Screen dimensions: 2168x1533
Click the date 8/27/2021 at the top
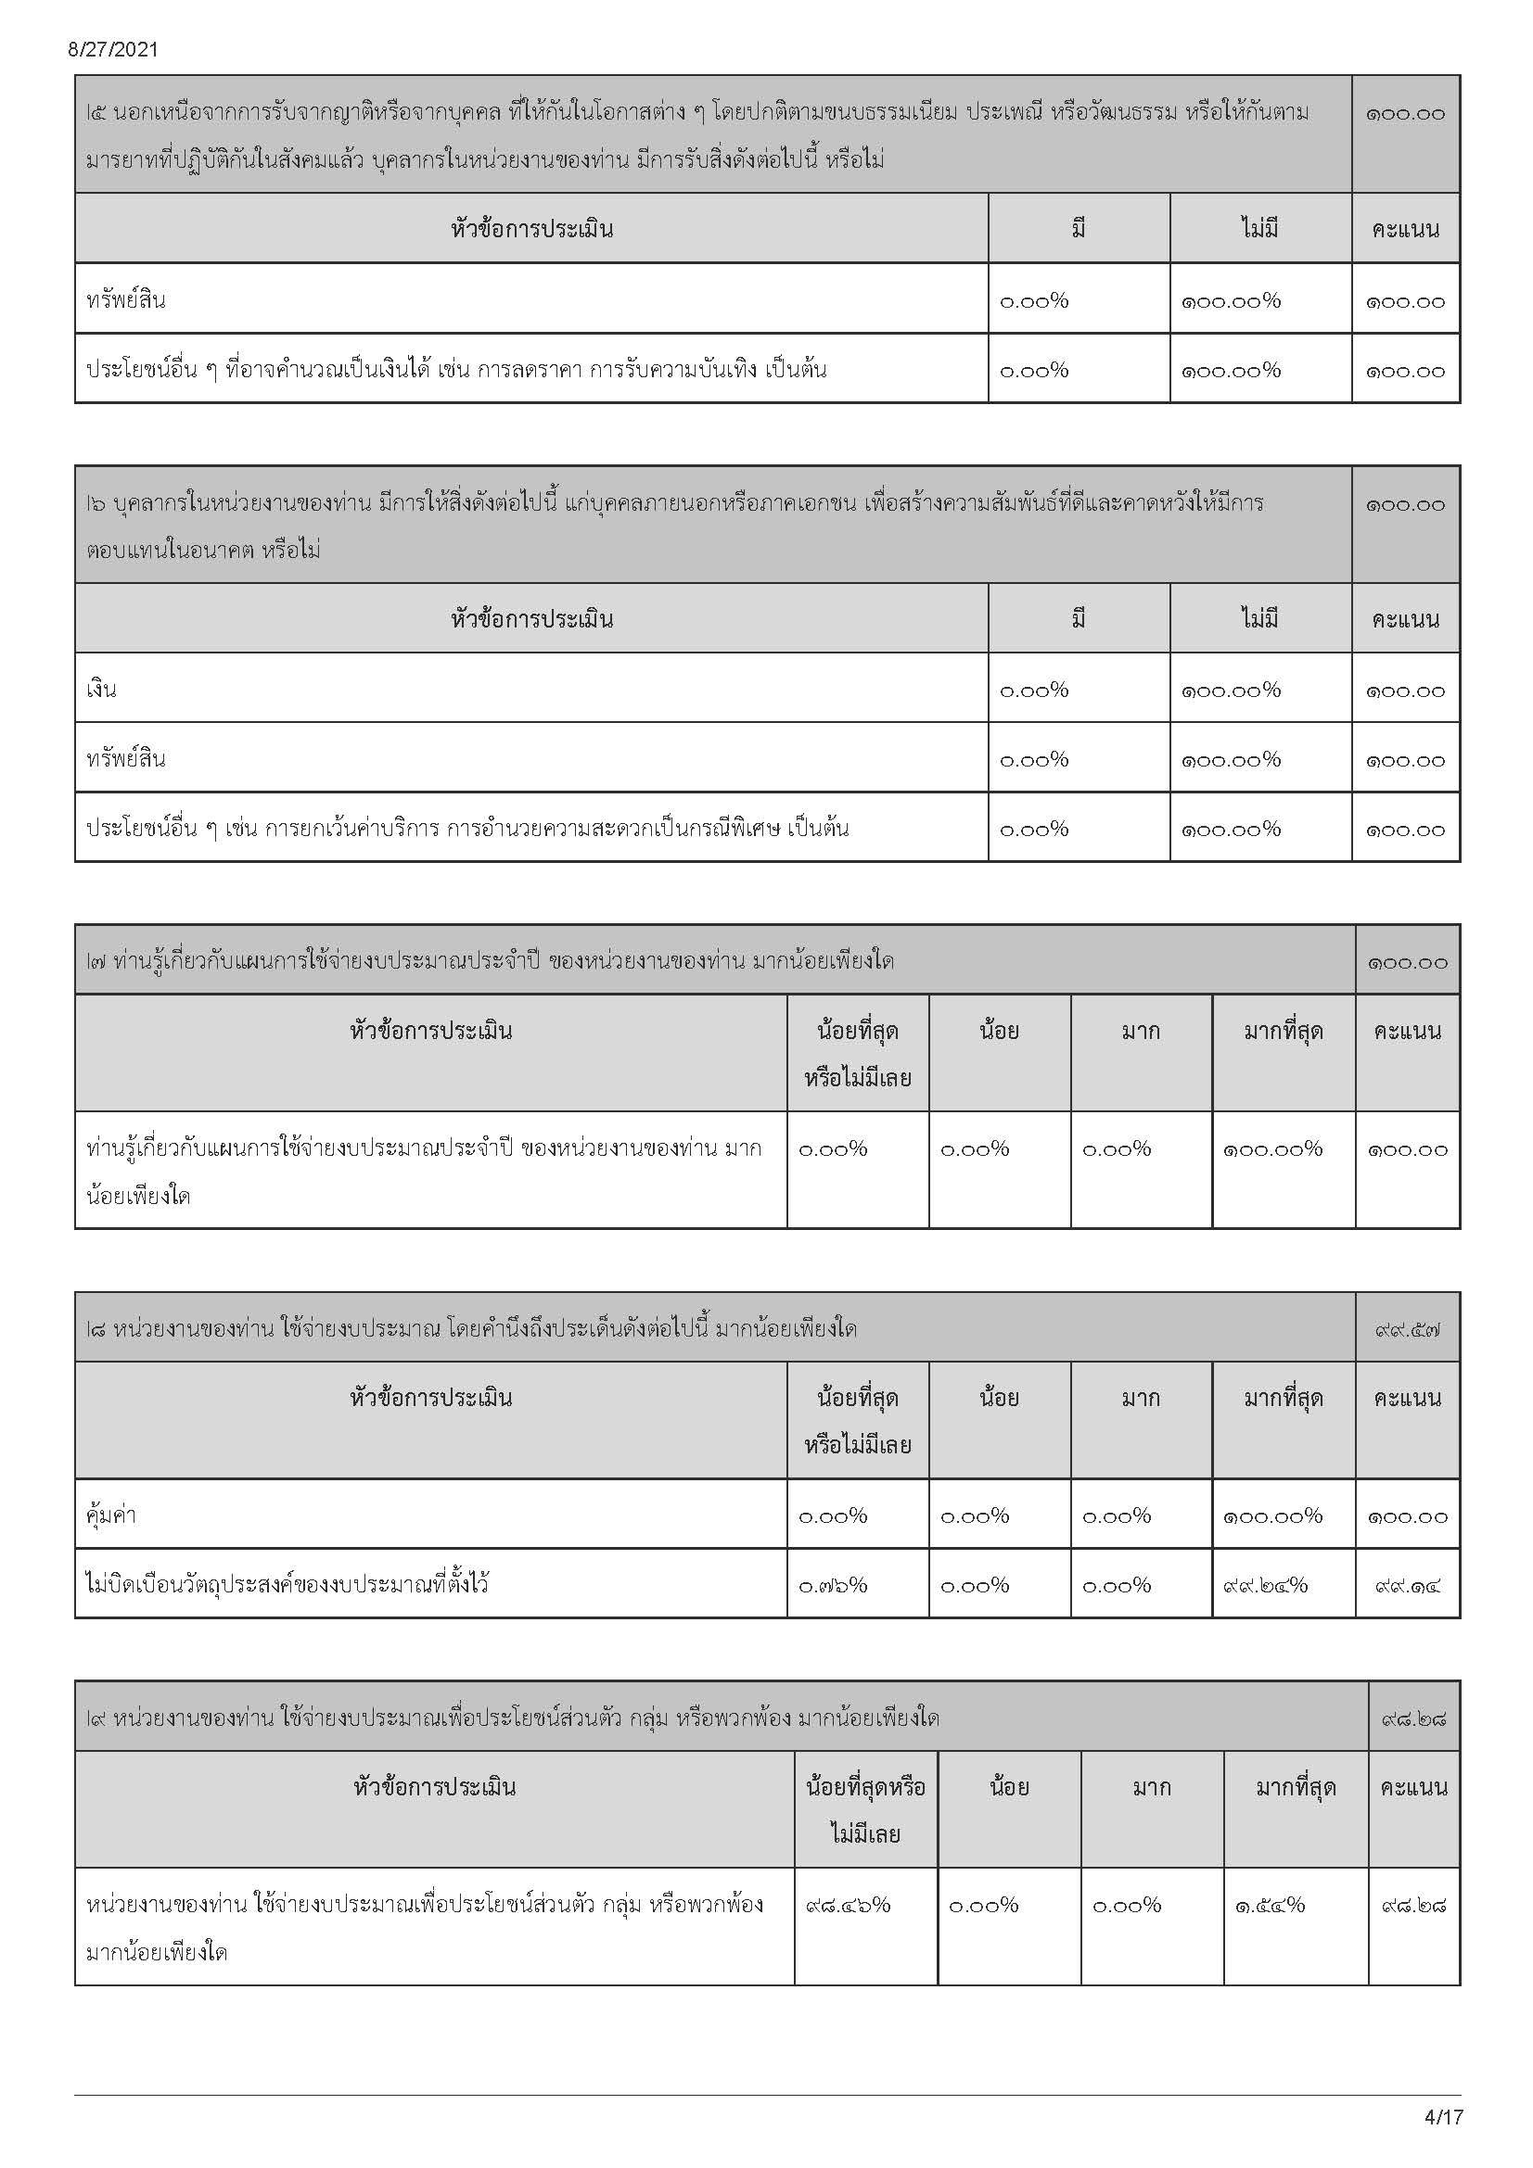pos(112,50)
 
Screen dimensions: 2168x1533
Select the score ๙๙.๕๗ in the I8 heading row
pos(1408,1330)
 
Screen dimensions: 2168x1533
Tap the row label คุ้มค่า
pos(110,1515)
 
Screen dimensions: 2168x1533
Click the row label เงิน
pos(101,690)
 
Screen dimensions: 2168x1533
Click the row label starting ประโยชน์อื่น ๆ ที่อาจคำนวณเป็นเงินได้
pos(456,369)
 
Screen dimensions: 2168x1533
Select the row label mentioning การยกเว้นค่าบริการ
pos(467,828)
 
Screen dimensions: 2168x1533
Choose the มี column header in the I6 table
pos(1079,618)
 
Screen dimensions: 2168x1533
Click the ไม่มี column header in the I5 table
pos(1259,229)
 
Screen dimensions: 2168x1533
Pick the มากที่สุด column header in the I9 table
pos(1295,1786)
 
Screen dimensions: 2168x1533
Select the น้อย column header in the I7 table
pos(999,1031)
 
